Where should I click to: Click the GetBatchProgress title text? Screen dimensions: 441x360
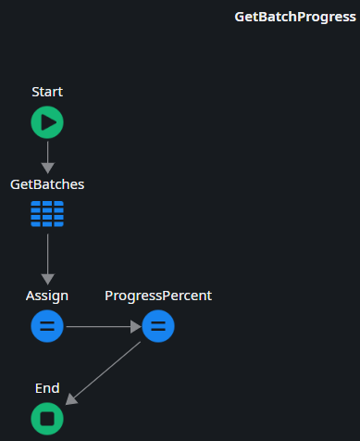coord(295,17)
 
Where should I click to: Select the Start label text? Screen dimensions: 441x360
coord(47,92)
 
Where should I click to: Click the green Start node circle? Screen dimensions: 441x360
coord(47,122)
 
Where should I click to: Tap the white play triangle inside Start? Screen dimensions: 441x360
coord(48,122)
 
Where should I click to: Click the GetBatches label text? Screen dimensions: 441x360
coord(47,184)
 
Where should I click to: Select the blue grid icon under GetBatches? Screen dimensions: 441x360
coord(47,214)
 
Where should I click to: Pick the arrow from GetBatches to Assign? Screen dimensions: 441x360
coord(47,254)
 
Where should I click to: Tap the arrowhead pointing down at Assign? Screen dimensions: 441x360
coord(47,278)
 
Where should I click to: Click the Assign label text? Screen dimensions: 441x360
coord(47,296)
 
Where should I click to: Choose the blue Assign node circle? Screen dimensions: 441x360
coord(47,326)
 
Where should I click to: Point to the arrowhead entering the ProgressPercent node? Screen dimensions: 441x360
coord(135,326)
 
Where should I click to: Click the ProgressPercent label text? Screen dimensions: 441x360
coord(158,296)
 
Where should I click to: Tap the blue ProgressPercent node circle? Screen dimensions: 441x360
coord(158,326)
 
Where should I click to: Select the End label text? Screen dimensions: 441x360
coord(47,388)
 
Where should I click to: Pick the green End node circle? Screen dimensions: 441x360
coord(47,419)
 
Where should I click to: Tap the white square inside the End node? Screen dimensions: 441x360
coord(47,419)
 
